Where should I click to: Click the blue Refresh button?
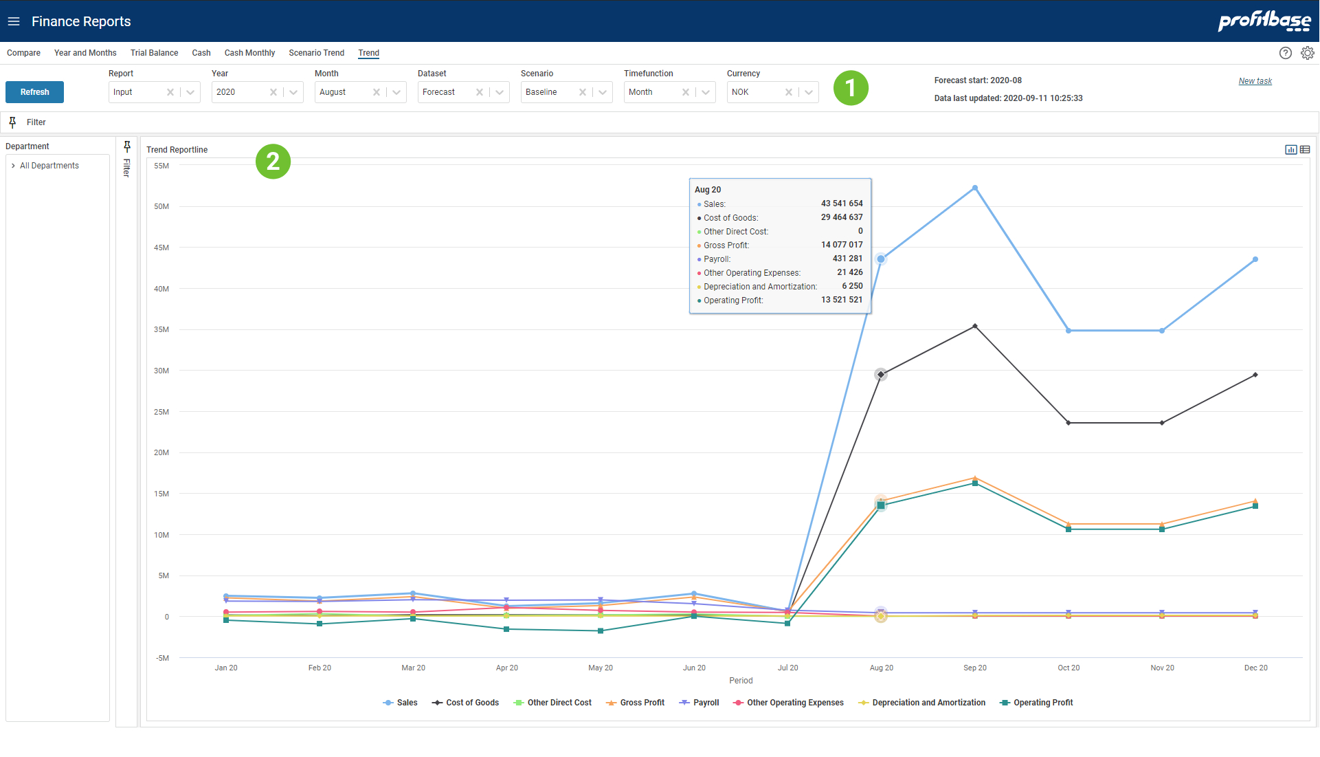(34, 92)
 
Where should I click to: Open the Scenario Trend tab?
(316, 53)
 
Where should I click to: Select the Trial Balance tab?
(154, 53)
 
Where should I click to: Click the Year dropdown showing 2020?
(240, 92)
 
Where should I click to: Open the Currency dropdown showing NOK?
(809, 92)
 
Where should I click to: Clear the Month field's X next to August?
(377, 92)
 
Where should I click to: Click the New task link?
(1255, 81)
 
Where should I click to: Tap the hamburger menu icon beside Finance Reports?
(14, 21)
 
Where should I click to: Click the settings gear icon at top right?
(1307, 53)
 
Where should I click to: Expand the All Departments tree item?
(13, 166)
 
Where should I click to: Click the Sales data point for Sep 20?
(974, 188)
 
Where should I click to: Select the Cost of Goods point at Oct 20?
(1068, 423)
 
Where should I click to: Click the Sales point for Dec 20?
(1255, 260)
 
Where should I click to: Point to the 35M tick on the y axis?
(161, 329)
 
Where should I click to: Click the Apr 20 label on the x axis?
(506, 668)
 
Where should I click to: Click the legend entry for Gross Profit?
(642, 703)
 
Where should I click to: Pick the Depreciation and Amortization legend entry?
(928, 703)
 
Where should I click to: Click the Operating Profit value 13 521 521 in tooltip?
(841, 300)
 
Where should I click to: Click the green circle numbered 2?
(273, 162)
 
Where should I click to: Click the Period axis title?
(740, 681)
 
